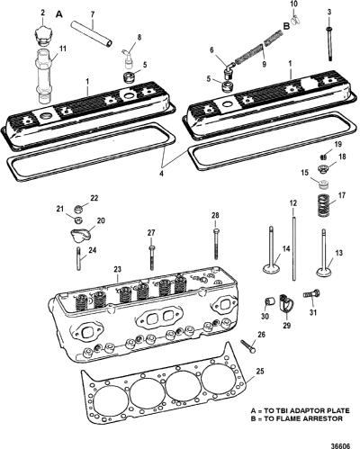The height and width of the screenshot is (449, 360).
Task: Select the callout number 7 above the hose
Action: [92, 14]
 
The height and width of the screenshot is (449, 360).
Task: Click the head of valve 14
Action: [272, 267]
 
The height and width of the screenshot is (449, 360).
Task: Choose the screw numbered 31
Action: [312, 293]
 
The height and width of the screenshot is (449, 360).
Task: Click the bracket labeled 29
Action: [285, 304]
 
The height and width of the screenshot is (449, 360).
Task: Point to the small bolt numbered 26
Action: [248, 346]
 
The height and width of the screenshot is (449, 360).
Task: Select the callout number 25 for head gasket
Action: [260, 372]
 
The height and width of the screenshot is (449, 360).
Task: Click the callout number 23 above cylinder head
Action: [117, 269]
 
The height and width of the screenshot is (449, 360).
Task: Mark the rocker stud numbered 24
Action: [79, 258]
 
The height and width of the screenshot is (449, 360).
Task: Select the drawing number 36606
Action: [341, 445]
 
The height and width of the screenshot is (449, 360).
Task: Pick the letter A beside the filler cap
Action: [59, 14]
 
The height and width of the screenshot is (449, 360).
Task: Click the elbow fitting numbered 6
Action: [229, 69]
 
